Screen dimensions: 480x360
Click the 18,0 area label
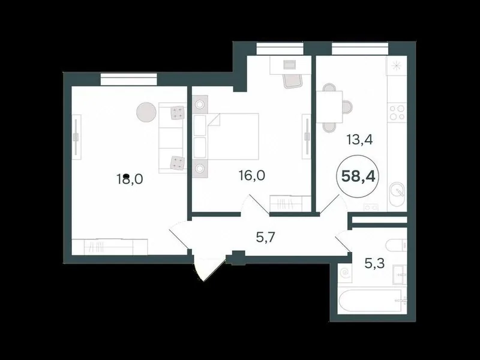pyautogui.click(x=130, y=179)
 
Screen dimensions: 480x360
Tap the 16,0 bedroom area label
pyautogui.click(x=251, y=176)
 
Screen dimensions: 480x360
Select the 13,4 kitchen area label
pyautogui.click(x=359, y=140)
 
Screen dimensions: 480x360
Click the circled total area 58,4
pyautogui.click(x=358, y=176)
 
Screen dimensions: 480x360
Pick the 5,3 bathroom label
pyautogui.click(x=374, y=263)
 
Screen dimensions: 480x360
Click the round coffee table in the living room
pyautogui.click(x=146, y=112)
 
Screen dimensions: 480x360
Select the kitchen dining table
pyautogui.click(x=329, y=107)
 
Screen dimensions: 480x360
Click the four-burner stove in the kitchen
pyautogui.click(x=397, y=112)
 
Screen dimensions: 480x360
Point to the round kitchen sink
pyautogui.click(x=397, y=191)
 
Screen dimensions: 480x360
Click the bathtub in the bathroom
pyautogui.click(x=370, y=301)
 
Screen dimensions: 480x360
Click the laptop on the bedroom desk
pyautogui.click(x=289, y=65)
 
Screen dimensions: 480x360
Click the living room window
pyautogui.click(x=128, y=79)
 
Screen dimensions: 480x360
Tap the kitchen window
pyautogui.click(x=360, y=49)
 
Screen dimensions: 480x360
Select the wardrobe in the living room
pyautogui.click(x=110, y=247)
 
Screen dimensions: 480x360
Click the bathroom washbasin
pyautogui.click(x=400, y=275)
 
